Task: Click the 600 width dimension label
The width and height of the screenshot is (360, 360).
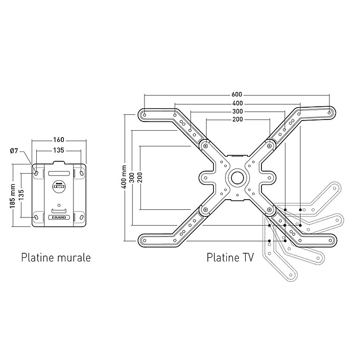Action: click(236, 94)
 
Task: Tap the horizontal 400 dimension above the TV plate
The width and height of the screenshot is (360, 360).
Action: click(237, 103)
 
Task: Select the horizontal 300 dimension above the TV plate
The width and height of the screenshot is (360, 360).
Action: click(237, 111)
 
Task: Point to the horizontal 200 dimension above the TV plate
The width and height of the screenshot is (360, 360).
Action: click(237, 119)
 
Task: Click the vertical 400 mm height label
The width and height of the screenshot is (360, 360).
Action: click(123, 177)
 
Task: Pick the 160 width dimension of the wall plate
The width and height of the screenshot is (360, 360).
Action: click(59, 139)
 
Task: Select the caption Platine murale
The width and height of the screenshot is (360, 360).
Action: click(56, 257)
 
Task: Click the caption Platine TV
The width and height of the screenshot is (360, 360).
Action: click(230, 257)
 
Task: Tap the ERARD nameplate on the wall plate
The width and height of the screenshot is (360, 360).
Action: click(60, 218)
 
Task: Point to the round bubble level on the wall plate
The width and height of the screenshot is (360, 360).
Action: click(59, 187)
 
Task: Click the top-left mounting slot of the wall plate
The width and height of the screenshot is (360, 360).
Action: click(37, 174)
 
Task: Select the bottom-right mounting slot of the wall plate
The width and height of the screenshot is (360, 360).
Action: click(82, 218)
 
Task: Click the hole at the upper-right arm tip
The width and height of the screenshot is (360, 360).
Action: click(330, 113)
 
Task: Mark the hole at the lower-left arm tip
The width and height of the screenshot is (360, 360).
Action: click(145, 239)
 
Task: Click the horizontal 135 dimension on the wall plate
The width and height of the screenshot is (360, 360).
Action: click(59, 151)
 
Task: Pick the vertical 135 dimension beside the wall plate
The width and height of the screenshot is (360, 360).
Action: click(21, 195)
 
